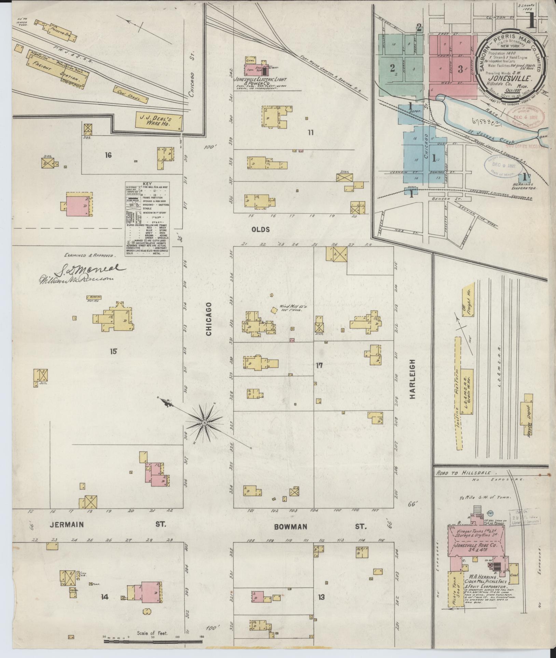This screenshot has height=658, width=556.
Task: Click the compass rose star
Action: coord(204,423)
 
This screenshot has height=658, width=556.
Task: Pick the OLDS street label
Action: coord(261,229)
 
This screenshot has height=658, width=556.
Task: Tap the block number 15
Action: coord(113,351)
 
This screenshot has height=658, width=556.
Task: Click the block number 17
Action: coord(319,366)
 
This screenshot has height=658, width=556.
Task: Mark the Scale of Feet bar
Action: coord(153,642)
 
